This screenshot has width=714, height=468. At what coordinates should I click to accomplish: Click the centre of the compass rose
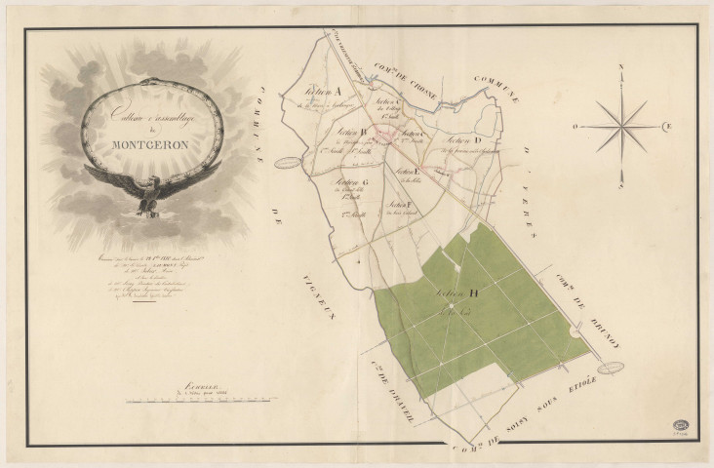pyautogui.click(x=619, y=125)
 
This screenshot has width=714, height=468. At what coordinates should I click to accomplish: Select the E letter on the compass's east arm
pyautogui.click(x=668, y=125)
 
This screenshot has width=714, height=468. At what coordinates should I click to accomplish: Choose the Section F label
pyautogui.click(x=397, y=205)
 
